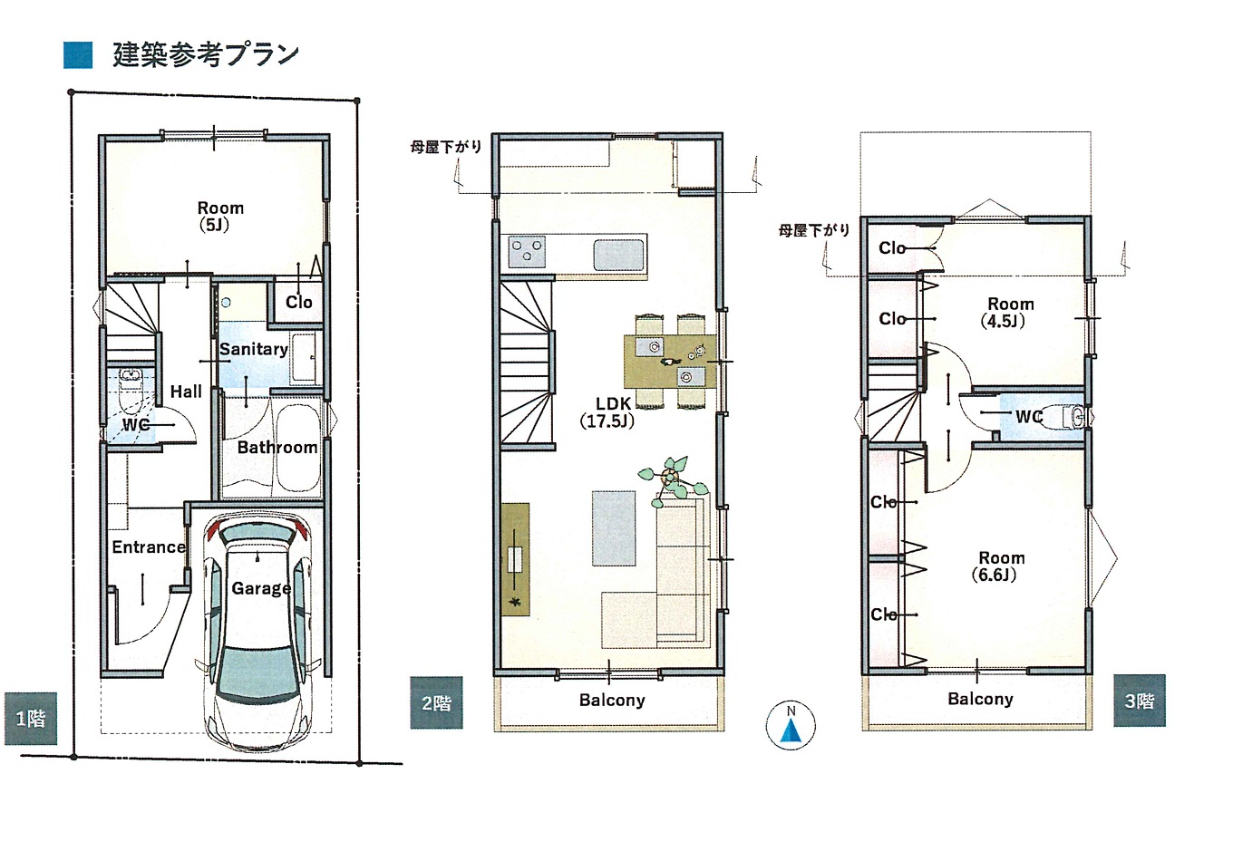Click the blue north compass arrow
791,731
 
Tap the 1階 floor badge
31,719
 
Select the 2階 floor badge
436,702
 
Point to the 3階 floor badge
1140,701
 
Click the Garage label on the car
261,588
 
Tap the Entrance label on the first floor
149,546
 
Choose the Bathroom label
277,447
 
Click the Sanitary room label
254,349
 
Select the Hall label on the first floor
186,392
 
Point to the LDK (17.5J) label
607,412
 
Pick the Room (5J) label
219,217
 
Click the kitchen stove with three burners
527,252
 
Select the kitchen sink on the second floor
618,256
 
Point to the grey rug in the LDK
613,528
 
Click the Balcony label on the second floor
612,701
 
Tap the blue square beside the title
78,55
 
